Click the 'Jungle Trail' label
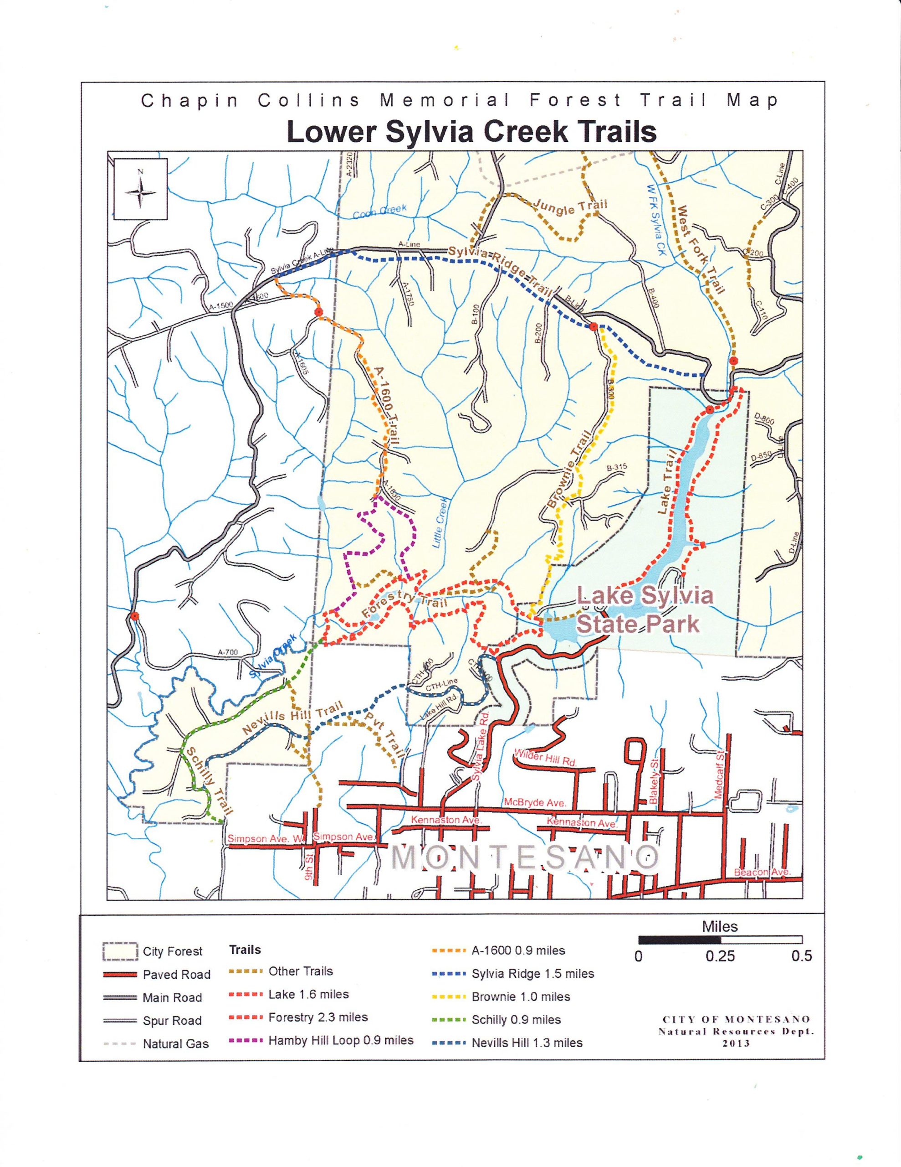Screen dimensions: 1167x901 (570, 207)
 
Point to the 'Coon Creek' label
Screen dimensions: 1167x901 (380, 211)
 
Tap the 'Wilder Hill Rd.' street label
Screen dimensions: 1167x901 (545, 758)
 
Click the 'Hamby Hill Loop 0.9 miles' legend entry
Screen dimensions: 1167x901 (341, 1040)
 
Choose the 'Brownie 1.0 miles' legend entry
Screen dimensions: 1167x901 (521, 997)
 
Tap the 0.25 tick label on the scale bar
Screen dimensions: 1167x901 (720, 956)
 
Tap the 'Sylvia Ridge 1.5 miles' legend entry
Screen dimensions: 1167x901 (532, 974)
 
